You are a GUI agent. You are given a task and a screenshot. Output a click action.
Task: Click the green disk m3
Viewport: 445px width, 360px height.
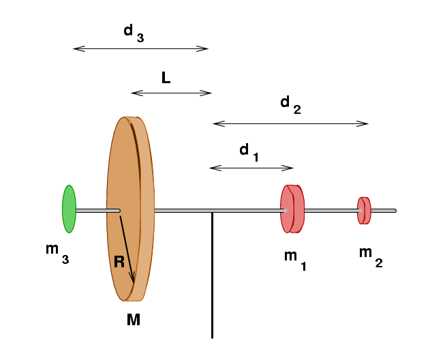pyautogui.click(x=69, y=209)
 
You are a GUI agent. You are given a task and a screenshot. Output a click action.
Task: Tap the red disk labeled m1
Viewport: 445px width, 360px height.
pyautogui.click(x=292, y=209)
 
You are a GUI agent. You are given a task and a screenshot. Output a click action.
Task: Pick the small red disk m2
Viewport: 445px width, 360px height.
pyautogui.click(x=364, y=210)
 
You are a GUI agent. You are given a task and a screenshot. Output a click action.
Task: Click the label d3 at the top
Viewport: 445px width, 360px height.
pyautogui.click(x=132, y=32)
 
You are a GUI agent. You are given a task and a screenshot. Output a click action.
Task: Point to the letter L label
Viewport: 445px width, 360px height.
pyautogui.click(x=166, y=78)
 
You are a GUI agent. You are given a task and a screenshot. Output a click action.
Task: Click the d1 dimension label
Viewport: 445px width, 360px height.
pyautogui.click(x=248, y=152)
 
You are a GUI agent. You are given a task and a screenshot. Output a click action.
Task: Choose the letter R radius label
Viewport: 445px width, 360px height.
pyautogui.click(x=119, y=261)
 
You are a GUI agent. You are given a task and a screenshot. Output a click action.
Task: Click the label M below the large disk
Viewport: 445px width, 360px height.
pyautogui.click(x=134, y=319)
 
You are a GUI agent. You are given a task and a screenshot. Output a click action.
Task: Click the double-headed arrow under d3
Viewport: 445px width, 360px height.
pyautogui.click(x=140, y=48)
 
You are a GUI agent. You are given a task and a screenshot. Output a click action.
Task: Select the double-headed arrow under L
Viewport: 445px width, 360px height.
pyautogui.click(x=171, y=93)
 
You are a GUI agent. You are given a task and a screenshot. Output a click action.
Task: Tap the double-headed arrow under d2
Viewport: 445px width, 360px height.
pyautogui.click(x=290, y=123)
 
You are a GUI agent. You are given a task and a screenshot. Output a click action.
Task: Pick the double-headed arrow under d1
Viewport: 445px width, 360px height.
pyautogui.click(x=251, y=168)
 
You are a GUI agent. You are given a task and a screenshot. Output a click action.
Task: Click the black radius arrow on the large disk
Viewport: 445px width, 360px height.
pyautogui.click(x=127, y=249)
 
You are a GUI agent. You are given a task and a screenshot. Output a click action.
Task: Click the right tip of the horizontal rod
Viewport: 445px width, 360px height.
pyautogui.click(x=395, y=211)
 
